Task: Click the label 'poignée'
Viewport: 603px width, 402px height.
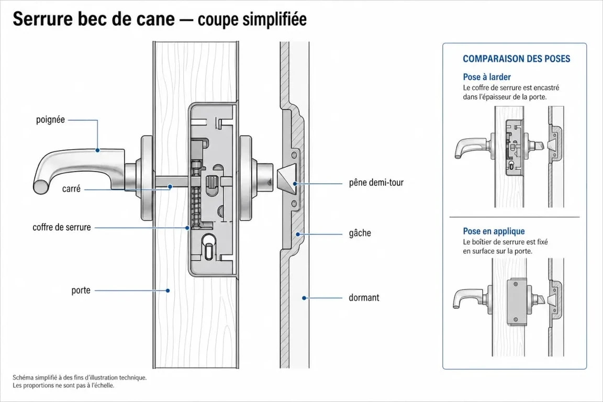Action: (x=50, y=120)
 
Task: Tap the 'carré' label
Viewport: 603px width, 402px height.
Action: (x=71, y=189)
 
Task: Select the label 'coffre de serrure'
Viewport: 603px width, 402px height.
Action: (x=62, y=227)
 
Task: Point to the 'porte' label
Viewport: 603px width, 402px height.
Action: (x=81, y=291)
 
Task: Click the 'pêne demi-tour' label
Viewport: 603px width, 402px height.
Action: (x=376, y=183)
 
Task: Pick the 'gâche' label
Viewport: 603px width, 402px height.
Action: (x=360, y=233)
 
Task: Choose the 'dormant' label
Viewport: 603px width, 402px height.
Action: (x=364, y=298)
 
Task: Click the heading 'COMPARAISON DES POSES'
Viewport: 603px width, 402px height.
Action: (x=517, y=59)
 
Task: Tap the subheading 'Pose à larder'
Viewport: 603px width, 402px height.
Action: (x=487, y=77)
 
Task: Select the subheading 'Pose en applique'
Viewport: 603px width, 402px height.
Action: (x=494, y=231)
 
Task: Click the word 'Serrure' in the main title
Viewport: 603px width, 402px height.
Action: (x=43, y=19)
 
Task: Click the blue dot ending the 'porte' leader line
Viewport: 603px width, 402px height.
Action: (x=167, y=291)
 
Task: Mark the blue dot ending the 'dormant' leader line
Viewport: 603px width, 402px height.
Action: (x=304, y=298)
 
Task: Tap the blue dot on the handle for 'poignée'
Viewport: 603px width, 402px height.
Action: (x=98, y=150)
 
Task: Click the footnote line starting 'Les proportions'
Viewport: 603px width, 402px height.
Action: (x=63, y=385)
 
